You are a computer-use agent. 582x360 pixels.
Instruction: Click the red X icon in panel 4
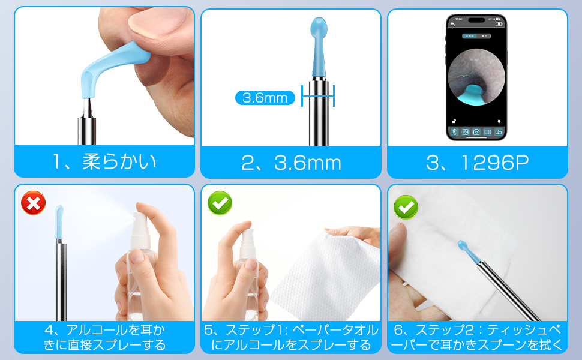coord(34,203)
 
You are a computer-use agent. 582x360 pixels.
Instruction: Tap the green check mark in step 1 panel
coord(220,203)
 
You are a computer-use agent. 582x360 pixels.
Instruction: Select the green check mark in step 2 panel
coord(406,207)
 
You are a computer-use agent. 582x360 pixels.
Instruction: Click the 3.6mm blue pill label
coord(265,98)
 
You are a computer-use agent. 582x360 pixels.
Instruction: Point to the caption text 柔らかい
coord(119,161)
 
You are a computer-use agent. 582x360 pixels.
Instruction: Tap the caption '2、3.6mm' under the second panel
coord(291,163)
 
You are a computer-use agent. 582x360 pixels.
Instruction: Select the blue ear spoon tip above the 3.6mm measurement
coord(319,46)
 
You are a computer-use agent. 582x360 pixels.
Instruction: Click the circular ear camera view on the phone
coord(476,77)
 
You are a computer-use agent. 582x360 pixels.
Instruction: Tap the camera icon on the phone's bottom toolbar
coord(476,132)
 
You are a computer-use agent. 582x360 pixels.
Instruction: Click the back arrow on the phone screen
coord(452,24)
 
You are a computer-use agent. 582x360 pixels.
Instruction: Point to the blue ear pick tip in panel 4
coord(59,222)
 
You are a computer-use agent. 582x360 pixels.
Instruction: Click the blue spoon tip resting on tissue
coord(469,252)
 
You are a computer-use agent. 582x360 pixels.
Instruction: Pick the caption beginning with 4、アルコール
coord(104,337)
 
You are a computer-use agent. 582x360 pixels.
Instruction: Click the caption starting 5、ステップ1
coord(291,337)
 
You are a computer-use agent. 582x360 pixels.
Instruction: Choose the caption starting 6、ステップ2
coord(478,337)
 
